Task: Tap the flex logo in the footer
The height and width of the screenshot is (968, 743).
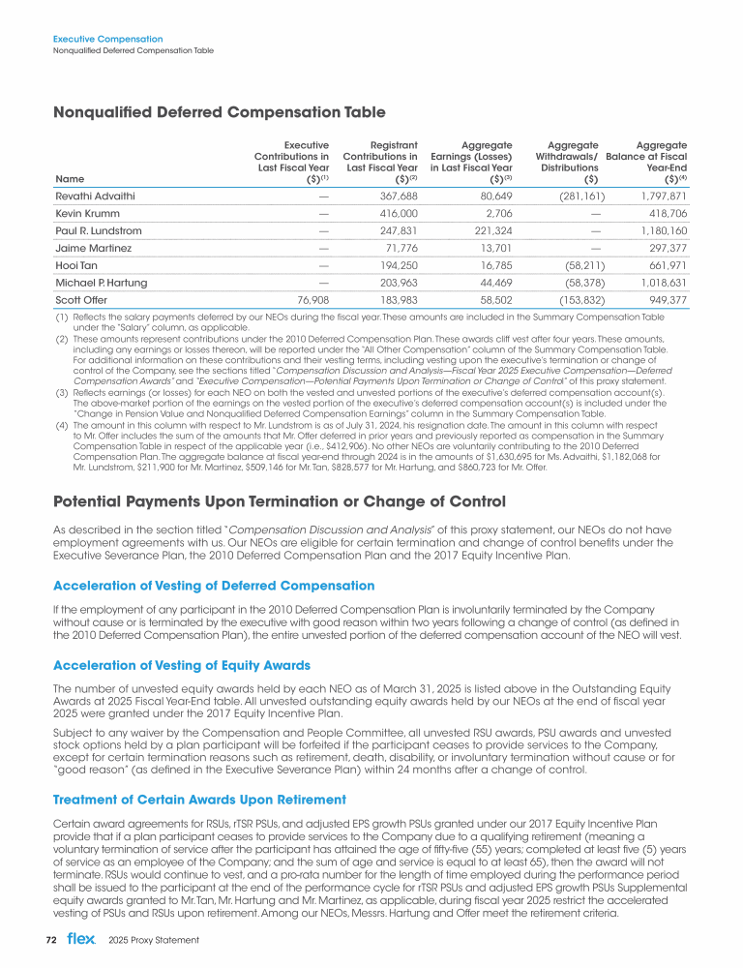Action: (x=81, y=939)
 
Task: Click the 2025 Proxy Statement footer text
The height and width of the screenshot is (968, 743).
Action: (x=153, y=940)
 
